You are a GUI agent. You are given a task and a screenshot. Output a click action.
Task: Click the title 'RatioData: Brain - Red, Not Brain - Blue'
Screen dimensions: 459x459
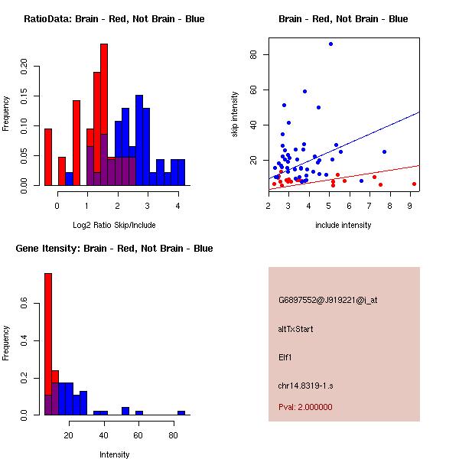click(x=114, y=19)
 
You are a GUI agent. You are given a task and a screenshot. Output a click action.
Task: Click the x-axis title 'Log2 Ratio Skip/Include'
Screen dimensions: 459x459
click(x=114, y=224)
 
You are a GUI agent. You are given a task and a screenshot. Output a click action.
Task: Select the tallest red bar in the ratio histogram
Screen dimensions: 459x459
click(x=104, y=115)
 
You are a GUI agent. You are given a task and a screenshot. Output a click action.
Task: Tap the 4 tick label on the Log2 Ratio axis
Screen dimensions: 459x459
click(x=177, y=205)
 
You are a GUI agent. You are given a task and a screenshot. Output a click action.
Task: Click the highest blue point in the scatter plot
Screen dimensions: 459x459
click(x=330, y=44)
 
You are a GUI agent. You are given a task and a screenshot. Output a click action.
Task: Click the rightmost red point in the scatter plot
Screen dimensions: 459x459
click(x=414, y=184)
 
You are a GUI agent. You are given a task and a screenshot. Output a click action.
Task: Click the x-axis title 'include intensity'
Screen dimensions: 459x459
click(x=343, y=225)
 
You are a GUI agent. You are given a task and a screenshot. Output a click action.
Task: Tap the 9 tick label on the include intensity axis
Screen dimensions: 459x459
click(x=410, y=205)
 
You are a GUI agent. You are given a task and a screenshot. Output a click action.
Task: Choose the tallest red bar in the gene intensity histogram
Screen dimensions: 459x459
click(x=47, y=344)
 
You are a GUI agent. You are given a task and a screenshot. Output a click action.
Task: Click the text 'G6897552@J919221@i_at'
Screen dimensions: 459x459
click(x=327, y=300)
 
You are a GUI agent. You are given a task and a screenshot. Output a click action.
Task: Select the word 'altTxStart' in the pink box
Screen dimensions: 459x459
click(x=296, y=329)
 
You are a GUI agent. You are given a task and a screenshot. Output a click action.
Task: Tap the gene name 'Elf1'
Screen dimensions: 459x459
click(x=285, y=356)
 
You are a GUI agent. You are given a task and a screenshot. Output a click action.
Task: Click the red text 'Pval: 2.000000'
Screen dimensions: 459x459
click(x=305, y=407)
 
